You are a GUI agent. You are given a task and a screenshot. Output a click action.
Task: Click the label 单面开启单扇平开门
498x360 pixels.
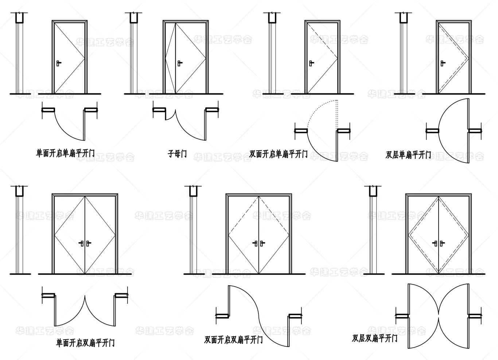pyautogui.click(x=65, y=153)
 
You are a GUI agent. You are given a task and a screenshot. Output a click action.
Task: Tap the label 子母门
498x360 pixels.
pyautogui.click(x=177, y=154)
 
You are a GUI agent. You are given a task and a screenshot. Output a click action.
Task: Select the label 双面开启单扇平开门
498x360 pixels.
pyautogui.click(x=278, y=154)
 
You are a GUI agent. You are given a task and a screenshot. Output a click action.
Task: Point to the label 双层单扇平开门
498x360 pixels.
pyautogui.click(x=408, y=155)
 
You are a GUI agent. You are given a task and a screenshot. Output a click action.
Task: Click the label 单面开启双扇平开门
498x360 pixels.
pyautogui.click(x=85, y=343)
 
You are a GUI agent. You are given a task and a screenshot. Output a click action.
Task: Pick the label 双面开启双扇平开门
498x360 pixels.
pyautogui.click(x=233, y=340)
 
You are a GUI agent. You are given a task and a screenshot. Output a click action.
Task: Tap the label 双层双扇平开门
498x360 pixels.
pyautogui.click(x=375, y=338)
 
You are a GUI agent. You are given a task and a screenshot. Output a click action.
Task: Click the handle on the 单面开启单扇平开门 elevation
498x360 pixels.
pyautogui.click(x=58, y=63)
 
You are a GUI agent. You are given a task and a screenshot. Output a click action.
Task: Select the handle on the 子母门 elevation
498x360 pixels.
pyautogui.click(x=179, y=63)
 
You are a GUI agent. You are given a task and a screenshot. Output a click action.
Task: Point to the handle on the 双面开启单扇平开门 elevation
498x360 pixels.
pyautogui.click(x=311, y=63)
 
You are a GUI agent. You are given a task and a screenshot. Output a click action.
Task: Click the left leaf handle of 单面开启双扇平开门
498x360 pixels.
pyautogui.click(x=82, y=243)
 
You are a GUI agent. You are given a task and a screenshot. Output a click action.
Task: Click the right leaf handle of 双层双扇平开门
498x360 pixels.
pyautogui.click(x=442, y=243)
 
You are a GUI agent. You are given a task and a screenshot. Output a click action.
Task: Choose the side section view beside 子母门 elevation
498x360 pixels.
pyautogui.click(x=133, y=55)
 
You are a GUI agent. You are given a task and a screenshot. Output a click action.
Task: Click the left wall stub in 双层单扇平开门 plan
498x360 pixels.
pyautogui.click(x=432, y=130)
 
